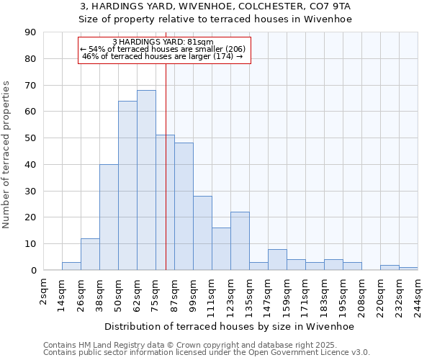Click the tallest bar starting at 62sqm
click(146, 180)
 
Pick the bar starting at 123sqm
click(240, 240)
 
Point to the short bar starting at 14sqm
click(71, 266)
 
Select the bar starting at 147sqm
click(277, 259)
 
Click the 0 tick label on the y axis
click(34, 270)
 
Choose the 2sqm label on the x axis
click(44, 290)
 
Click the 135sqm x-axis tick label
click(250, 293)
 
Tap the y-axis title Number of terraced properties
click(7, 155)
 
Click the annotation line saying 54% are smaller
click(163, 49)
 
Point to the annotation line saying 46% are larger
click(163, 56)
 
